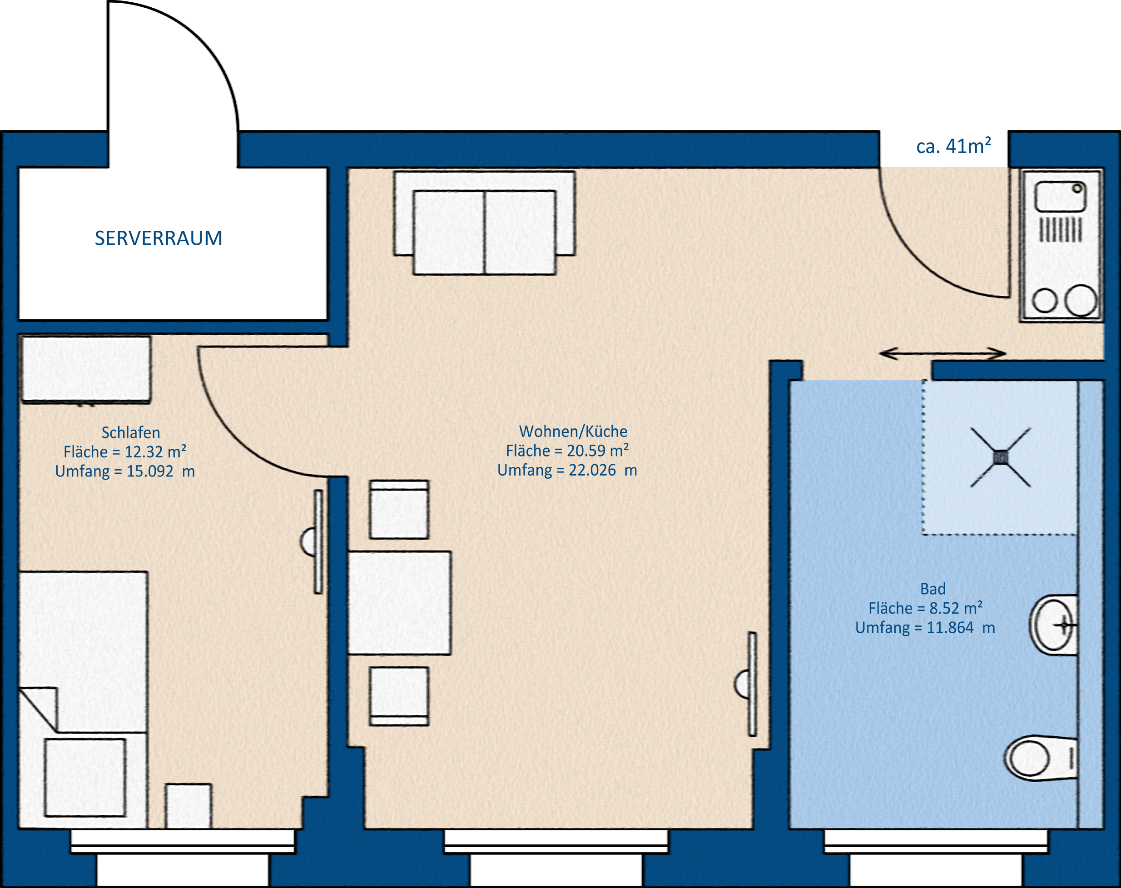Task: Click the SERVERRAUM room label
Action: (x=159, y=238)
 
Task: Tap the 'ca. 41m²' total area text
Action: (x=953, y=146)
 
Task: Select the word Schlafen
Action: (x=130, y=432)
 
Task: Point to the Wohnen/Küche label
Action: (x=573, y=432)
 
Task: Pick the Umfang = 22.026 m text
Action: (x=567, y=470)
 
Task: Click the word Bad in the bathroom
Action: (x=933, y=589)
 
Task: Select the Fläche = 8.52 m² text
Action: (x=926, y=608)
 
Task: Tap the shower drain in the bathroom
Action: (x=1000, y=457)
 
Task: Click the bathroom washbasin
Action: (x=1053, y=625)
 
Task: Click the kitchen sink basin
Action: (x=1060, y=197)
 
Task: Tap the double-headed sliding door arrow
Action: (x=942, y=353)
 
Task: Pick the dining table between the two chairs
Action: (x=399, y=603)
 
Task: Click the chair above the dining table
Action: (x=399, y=510)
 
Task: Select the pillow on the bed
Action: (x=85, y=778)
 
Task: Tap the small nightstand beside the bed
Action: (x=188, y=806)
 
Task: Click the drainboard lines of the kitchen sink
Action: (x=1061, y=230)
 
